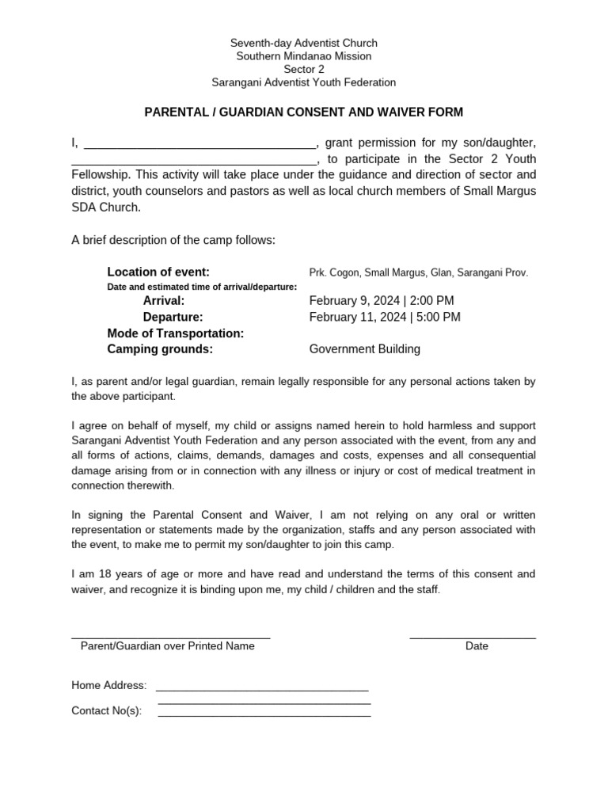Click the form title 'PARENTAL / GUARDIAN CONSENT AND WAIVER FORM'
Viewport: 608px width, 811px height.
click(303, 112)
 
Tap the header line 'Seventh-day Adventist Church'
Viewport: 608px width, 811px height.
click(303, 43)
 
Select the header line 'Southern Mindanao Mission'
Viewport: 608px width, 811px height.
click(303, 56)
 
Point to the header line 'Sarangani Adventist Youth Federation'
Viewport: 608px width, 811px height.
click(303, 82)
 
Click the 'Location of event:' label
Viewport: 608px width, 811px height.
click(158, 272)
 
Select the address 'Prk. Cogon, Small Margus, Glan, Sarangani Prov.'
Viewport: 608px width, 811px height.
click(418, 272)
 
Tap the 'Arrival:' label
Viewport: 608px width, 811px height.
click(163, 301)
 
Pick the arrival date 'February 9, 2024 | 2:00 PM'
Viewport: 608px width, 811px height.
click(382, 301)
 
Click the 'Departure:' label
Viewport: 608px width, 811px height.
click(173, 317)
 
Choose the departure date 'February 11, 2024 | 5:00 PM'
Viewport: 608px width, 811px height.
click(385, 317)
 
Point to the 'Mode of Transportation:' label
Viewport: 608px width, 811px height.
click(175, 333)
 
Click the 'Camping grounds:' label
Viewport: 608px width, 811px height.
click(160, 349)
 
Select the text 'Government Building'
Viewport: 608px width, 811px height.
click(364, 349)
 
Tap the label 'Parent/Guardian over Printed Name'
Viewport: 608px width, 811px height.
click(168, 645)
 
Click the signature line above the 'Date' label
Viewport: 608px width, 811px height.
click(473, 636)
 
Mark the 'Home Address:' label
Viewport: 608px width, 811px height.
click(108, 685)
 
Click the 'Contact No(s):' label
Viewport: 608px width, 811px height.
click(106, 710)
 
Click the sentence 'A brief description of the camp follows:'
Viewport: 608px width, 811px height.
click(173, 240)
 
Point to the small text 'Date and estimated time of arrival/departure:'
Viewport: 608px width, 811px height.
click(202, 287)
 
